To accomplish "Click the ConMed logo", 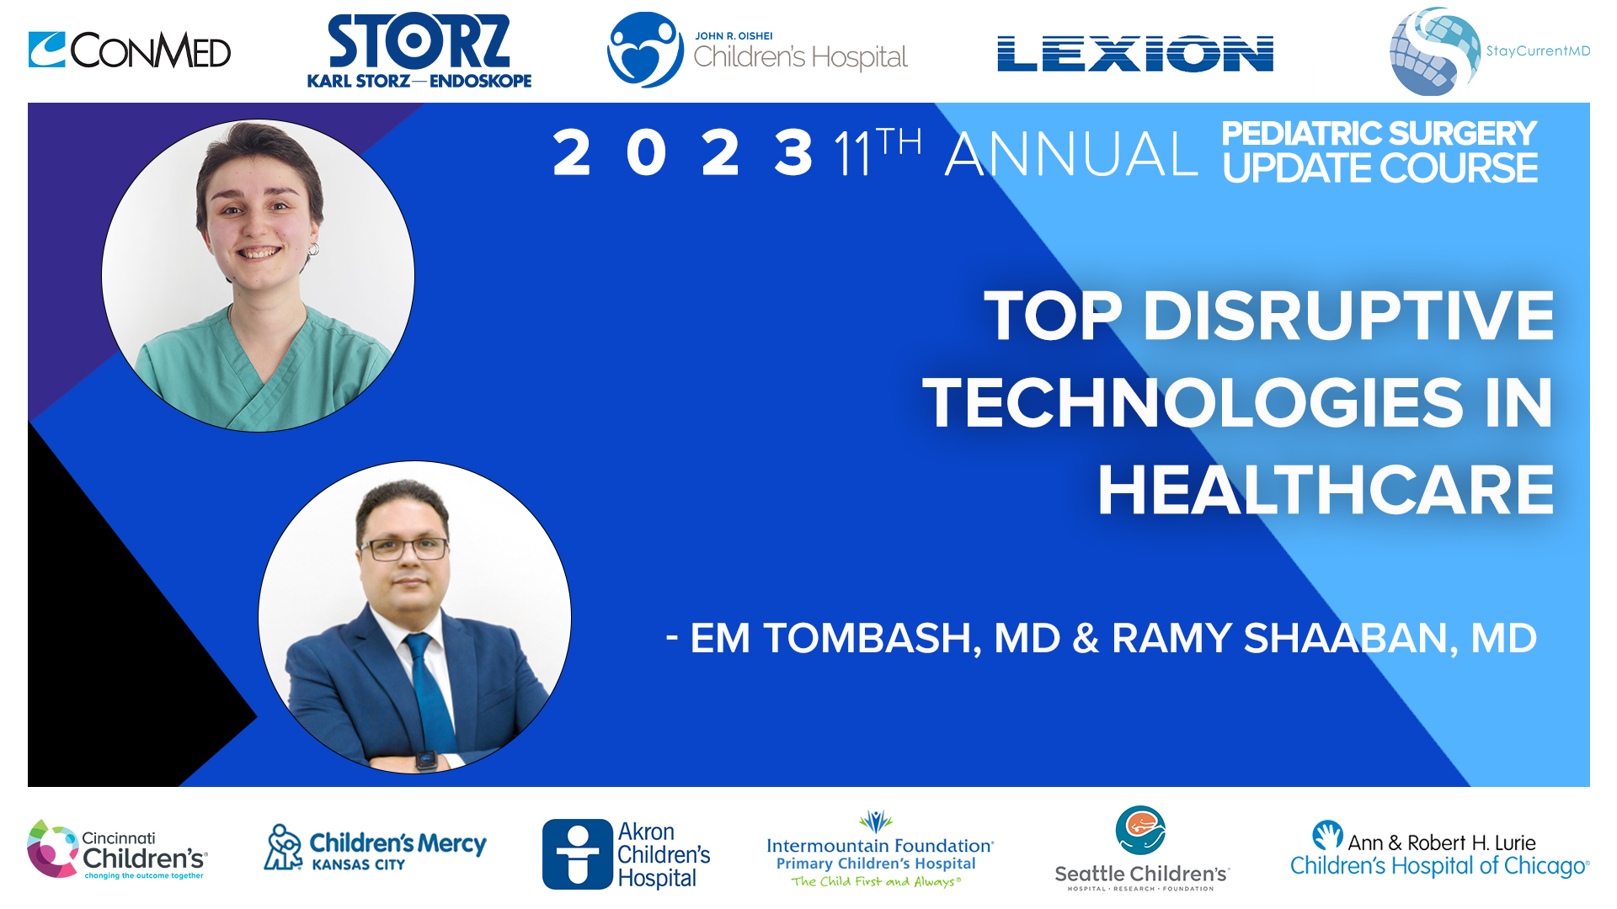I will coord(130,50).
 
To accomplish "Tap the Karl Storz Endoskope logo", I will coord(419,51).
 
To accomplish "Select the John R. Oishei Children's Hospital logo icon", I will coord(645,50).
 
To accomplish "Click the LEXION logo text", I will coord(1134,54).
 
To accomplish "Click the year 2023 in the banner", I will coord(682,153).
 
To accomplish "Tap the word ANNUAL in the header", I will coord(1071,155).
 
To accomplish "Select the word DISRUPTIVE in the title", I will coord(1347,316).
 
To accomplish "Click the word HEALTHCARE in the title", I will coord(1326,491).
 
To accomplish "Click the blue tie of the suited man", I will coord(429,690).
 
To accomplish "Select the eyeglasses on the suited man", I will coord(404,549).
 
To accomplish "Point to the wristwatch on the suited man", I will coord(426,759).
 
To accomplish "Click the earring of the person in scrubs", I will coord(313,249).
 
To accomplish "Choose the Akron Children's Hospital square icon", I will coord(577,854).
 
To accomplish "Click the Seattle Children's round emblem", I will coord(1140,830).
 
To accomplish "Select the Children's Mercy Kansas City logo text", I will coord(398,850).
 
